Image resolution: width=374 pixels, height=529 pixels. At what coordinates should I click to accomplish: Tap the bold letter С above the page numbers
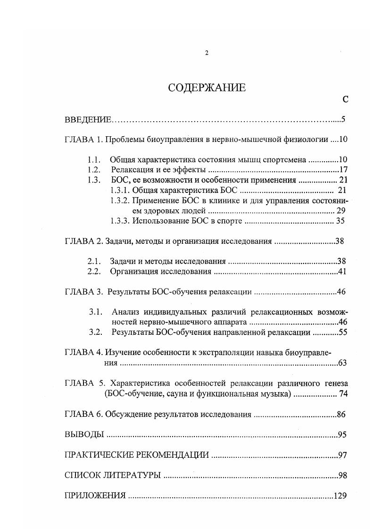click(x=346, y=99)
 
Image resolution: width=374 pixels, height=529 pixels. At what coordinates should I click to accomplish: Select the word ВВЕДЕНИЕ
click(x=88, y=120)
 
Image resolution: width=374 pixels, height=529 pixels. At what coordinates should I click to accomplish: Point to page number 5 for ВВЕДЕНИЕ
click(x=344, y=120)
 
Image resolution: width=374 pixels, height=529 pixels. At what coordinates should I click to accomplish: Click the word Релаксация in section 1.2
click(x=130, y=170)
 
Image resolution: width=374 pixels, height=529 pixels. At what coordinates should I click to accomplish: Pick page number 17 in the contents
click(x=343, y=170)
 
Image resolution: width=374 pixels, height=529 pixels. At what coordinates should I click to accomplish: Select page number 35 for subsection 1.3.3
click(x=341, y=221)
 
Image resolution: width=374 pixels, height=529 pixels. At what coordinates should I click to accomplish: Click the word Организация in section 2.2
click(x=134, y=272)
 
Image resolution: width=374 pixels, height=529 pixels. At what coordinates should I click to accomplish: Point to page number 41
click(x=343, y=272)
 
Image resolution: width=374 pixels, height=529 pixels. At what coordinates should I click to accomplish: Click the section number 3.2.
click(x=96, y=332)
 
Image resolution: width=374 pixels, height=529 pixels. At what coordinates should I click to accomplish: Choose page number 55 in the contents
click(x=343, y=332)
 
